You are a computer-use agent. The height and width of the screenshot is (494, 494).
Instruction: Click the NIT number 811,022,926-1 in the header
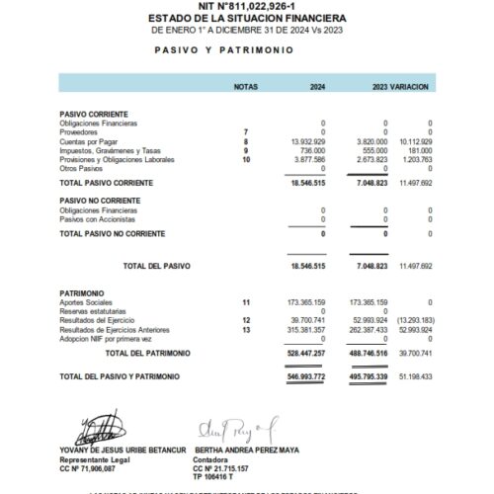(x=246, y=6)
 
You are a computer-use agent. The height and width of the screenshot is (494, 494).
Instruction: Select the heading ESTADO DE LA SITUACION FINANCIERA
(x=246, y=18)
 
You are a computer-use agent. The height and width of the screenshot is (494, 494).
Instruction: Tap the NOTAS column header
(x=245, y=87)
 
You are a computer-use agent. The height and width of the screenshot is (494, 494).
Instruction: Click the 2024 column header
(x=317, y=87)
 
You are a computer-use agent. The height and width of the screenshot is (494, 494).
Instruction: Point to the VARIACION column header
(x=410, y=87)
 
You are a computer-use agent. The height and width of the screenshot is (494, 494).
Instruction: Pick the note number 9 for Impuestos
(x=245, y=150)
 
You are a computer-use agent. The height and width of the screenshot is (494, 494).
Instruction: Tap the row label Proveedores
(x=78, y=132)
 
